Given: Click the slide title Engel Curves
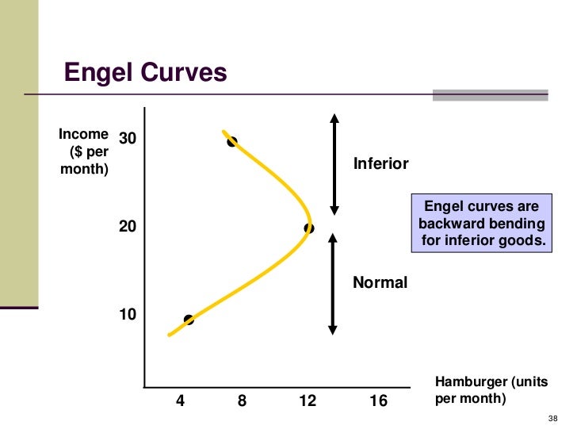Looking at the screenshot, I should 145,73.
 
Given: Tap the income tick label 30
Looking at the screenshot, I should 128,139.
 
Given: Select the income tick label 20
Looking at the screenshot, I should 128,226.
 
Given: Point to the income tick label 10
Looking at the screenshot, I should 128,315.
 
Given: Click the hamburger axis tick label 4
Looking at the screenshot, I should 180,401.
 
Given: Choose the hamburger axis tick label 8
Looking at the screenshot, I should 242,401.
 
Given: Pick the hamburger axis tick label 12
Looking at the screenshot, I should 308,401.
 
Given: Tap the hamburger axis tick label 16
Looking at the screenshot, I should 379,401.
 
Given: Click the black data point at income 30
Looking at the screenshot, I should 231,142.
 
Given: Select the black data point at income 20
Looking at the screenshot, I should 308,228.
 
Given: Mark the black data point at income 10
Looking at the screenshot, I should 189,320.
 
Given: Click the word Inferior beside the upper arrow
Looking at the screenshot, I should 380,164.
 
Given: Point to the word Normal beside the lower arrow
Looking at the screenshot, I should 380,282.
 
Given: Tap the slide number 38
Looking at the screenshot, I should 553,419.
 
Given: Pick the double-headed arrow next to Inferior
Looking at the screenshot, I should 334,164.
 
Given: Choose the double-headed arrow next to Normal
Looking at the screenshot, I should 334,282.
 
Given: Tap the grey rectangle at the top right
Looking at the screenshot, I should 490,95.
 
